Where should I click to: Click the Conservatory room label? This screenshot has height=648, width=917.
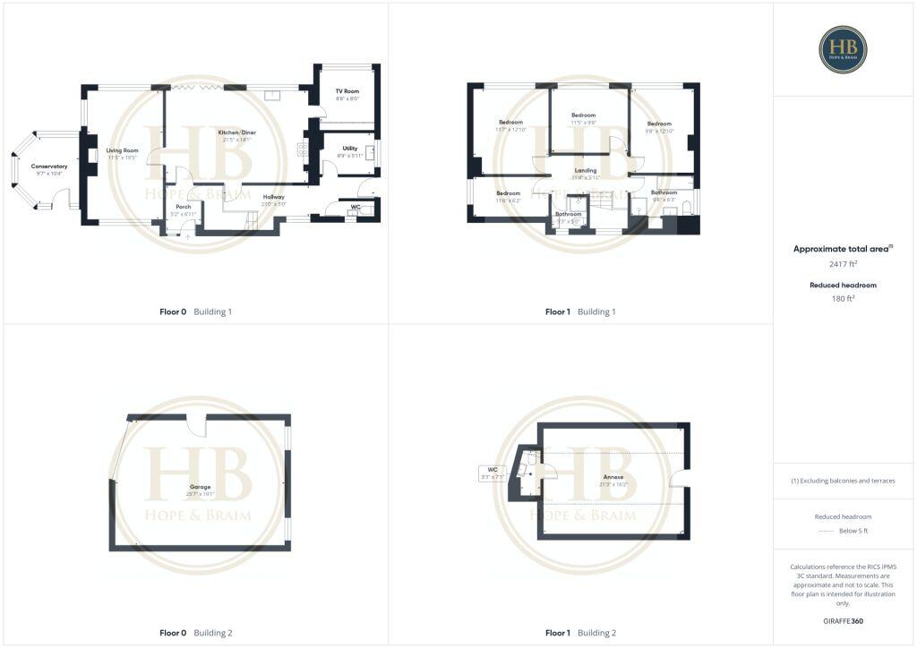coord(49,166)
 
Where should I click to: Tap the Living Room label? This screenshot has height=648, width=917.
coord(123,150)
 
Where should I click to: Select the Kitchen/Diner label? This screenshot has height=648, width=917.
coord(235,132)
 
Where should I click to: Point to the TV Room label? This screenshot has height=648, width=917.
coord(347,91)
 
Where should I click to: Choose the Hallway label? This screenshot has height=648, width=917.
coord(273,197)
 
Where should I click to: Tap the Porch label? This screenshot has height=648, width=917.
coord(183,207)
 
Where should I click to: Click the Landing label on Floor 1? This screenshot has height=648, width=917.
coord(586,170)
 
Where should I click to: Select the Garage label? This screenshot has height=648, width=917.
coord(200,487)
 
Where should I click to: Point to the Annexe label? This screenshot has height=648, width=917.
coord(613,477)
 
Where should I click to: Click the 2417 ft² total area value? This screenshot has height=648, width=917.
coord(843,264)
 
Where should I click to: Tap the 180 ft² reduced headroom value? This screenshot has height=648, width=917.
coord(843,299)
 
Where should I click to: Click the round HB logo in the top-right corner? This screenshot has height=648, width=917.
coord(843,49)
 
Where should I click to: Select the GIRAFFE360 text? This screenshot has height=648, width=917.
coord(843,620)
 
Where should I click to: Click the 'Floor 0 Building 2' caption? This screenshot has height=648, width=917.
coord(195,633)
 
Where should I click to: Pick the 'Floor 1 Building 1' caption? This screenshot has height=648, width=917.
coord(580,311)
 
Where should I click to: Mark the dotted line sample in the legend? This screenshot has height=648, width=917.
coord(826,531)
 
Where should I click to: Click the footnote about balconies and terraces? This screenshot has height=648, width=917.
coord(843,481)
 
